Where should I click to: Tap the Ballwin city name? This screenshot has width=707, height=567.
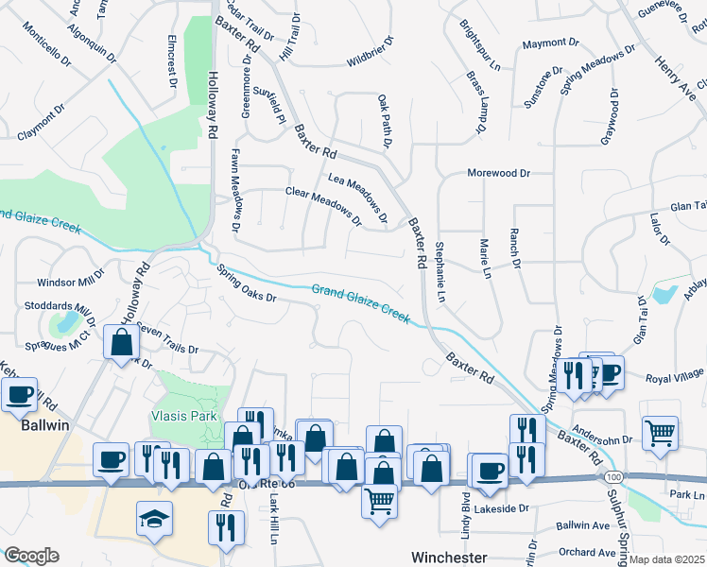pyautogui.click(x=46, y=426)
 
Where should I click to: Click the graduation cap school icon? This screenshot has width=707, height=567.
pyautogui.click(x=155, y=518)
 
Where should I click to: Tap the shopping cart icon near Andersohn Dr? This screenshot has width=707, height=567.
pyautogui.click(x=660, y=432)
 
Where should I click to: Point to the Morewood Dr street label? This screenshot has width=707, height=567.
pyautogui.click(x=498, y=174)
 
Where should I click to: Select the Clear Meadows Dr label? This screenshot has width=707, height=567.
pyautogui.click(x=324, y=206)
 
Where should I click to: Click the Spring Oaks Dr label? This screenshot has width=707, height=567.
pyautogui.click(x=246, y=283)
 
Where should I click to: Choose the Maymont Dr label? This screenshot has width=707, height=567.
pyautogui.click(x=549, y=43)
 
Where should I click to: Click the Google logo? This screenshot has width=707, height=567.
pyautogui.click(x=31, y=556)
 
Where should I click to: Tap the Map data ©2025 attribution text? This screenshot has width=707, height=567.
pyautogui.click(x=666, y=559)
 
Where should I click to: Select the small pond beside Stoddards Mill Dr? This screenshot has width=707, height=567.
pyautogui.click(x=66, y=323)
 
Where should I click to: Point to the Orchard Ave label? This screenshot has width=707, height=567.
pyautogui.click(x=586, y=553)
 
